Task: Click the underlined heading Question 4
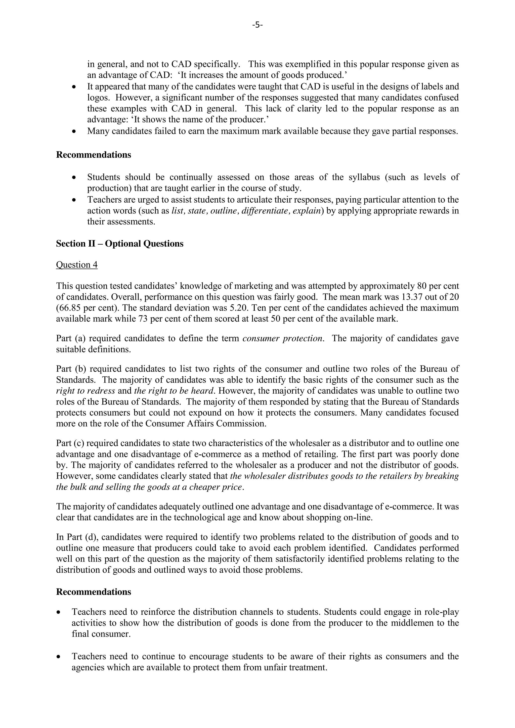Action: point(77,265)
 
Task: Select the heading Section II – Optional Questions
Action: point(119,244)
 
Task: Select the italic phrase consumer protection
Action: point(283,339)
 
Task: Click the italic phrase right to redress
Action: point(85,391)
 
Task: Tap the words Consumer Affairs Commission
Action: point(205,424)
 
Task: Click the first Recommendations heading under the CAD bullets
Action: point(94,155)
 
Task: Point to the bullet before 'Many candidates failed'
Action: point(74,131)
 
